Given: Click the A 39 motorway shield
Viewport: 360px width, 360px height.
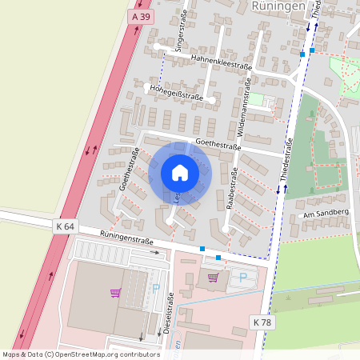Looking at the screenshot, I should (x=141, y=16).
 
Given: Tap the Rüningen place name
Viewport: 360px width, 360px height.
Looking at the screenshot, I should (x=278, y=6).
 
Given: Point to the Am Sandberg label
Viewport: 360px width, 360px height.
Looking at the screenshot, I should (x=326, y=214).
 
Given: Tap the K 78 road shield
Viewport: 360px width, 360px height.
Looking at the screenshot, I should (x=262, y=322).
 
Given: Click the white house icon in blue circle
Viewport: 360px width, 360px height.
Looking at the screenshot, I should (x=179, y=173).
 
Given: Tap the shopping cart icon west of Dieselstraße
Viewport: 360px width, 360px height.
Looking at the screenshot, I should (x=115, y=293).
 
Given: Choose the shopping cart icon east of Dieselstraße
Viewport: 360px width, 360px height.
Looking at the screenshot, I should (x=213, y=278).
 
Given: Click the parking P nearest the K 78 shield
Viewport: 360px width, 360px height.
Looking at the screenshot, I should (x=243, y=278).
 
